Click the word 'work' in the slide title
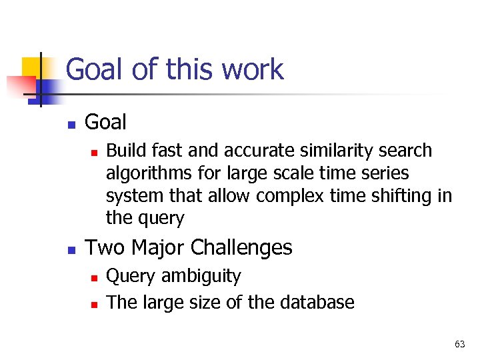coord(253,69)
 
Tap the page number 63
coord(459,344)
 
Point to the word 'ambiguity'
coord(201,276)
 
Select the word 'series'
coord(387,173)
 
